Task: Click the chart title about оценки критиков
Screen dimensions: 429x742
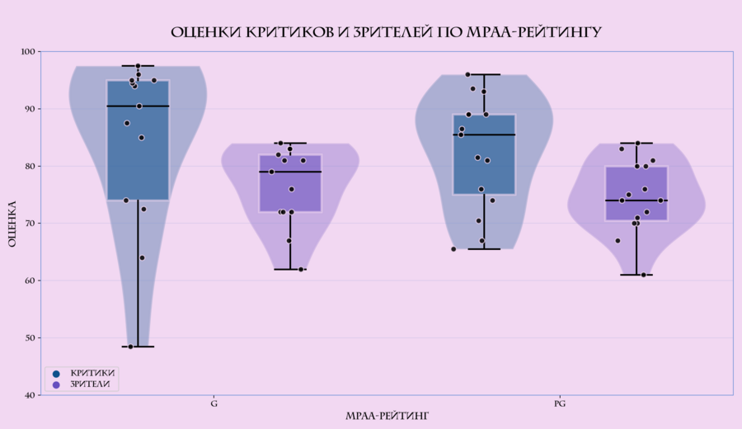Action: (386, 33)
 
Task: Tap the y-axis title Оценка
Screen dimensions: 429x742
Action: (12, 224)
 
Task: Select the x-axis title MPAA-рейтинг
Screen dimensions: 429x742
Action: (387, 415)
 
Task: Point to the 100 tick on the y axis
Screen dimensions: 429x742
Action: (28, 52)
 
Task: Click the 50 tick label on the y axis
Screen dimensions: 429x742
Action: (30, 338)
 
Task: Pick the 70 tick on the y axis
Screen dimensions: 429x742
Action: (30, 224)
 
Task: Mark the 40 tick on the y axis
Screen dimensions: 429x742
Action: (30, 395)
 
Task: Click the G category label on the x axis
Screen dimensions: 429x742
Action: (214, 403)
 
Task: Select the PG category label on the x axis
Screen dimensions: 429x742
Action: (560, 403)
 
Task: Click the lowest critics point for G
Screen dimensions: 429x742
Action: (130, 346)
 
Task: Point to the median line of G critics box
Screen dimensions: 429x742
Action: (138, 106)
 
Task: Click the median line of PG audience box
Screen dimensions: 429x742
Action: (636, 200)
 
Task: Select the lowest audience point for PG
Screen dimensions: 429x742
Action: (644, 275)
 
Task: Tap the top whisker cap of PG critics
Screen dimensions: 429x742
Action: (484, 74)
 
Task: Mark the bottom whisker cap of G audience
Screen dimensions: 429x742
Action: (290, 269)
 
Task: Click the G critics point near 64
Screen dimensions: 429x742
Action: (142, 257)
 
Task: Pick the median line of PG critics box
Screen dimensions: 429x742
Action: (484, 134)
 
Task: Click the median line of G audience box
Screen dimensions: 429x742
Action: (290, 172)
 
